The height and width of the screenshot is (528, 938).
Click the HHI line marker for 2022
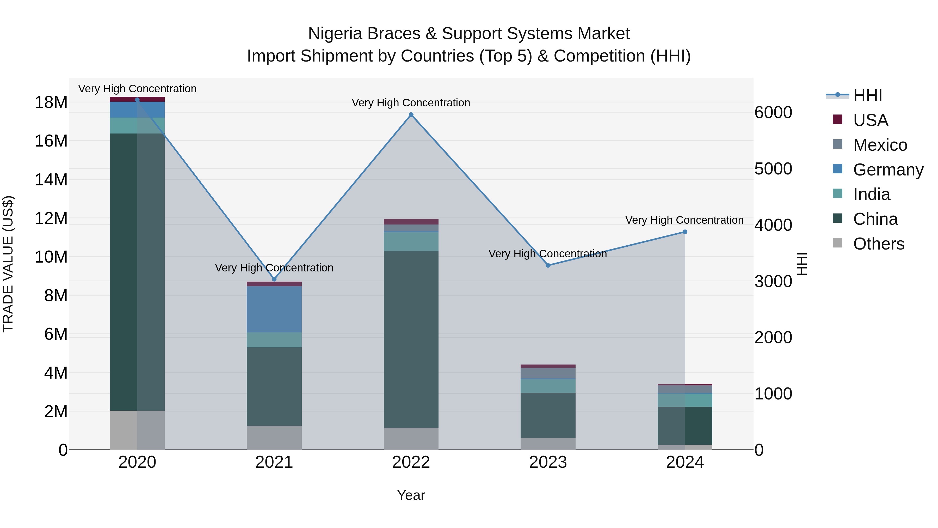point(411,115)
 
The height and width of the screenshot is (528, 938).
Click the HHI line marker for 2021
point(274,279)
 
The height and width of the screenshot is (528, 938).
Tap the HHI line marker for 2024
point(685,232)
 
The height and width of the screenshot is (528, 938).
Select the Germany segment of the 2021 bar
point(274,309)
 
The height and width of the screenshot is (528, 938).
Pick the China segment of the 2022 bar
point(411,339)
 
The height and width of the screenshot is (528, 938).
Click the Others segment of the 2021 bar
point(274,437)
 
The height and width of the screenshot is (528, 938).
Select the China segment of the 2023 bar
point(548,415)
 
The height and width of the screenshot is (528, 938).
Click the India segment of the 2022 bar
point(411,242)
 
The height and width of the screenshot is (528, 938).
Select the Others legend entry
point(878,244)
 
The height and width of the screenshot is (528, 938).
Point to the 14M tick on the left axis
point(51,180)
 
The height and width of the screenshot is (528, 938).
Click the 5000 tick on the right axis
point(773,169)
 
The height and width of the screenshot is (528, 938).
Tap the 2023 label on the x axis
point(548,462)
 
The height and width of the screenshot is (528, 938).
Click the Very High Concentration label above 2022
point(411,103)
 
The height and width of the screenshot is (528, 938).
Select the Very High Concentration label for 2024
point(684,220)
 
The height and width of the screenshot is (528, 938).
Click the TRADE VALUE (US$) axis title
point(8,264)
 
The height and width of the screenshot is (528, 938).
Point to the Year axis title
point(411,495)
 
